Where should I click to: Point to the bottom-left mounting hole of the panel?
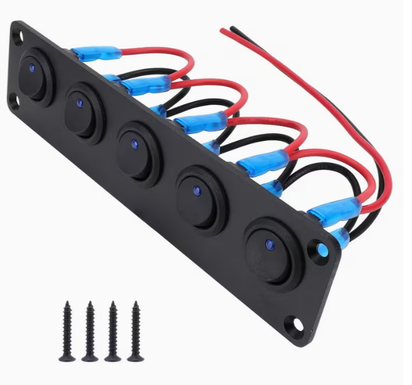coord(14,102)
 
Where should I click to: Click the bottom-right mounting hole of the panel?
coord(296,325)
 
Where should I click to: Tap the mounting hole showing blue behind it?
coord(321,251)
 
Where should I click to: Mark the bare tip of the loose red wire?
coord(223,29)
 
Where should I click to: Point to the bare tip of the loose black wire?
coord(232,27)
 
